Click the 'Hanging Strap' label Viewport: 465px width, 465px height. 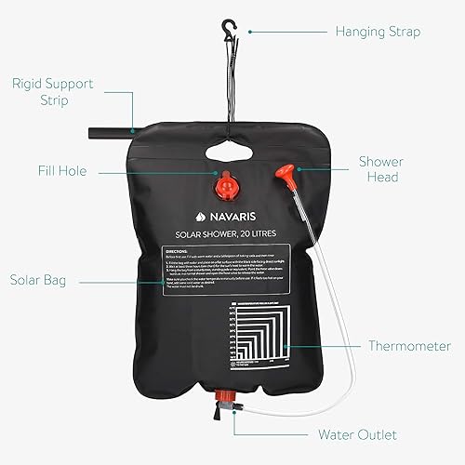point(378,31)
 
